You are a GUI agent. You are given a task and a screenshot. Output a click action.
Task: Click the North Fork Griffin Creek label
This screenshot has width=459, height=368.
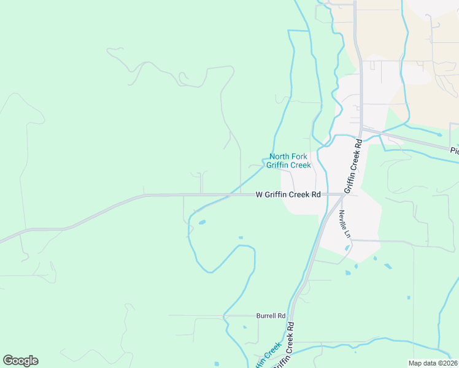point(290,161)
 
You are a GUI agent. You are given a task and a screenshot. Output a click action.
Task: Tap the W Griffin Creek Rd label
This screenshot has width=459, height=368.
point(288,195)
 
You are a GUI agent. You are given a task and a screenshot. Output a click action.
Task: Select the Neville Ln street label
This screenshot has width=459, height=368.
point(344,224)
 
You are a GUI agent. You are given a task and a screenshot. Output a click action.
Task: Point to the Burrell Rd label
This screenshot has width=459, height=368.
point(271,316)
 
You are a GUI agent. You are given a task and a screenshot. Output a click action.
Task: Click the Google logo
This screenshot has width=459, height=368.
point(20,361)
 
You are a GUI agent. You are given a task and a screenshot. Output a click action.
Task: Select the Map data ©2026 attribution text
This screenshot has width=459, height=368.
point(433,363)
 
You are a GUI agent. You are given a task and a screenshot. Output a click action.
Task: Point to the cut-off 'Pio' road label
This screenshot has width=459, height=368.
point(454,151)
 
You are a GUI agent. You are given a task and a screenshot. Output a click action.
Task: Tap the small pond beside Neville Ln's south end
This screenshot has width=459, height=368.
point(347,248)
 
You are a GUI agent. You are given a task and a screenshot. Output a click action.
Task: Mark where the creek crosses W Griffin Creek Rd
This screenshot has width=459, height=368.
point(229,195)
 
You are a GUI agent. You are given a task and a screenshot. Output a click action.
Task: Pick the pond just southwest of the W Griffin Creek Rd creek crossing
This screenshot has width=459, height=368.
point(202,221)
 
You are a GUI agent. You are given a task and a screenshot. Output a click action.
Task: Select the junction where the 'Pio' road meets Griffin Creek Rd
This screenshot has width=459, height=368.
point(361,128)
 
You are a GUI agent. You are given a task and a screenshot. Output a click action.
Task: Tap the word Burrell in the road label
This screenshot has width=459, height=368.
point(266,316)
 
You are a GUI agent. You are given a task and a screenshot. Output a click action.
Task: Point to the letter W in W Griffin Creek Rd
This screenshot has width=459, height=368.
point(259,195)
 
